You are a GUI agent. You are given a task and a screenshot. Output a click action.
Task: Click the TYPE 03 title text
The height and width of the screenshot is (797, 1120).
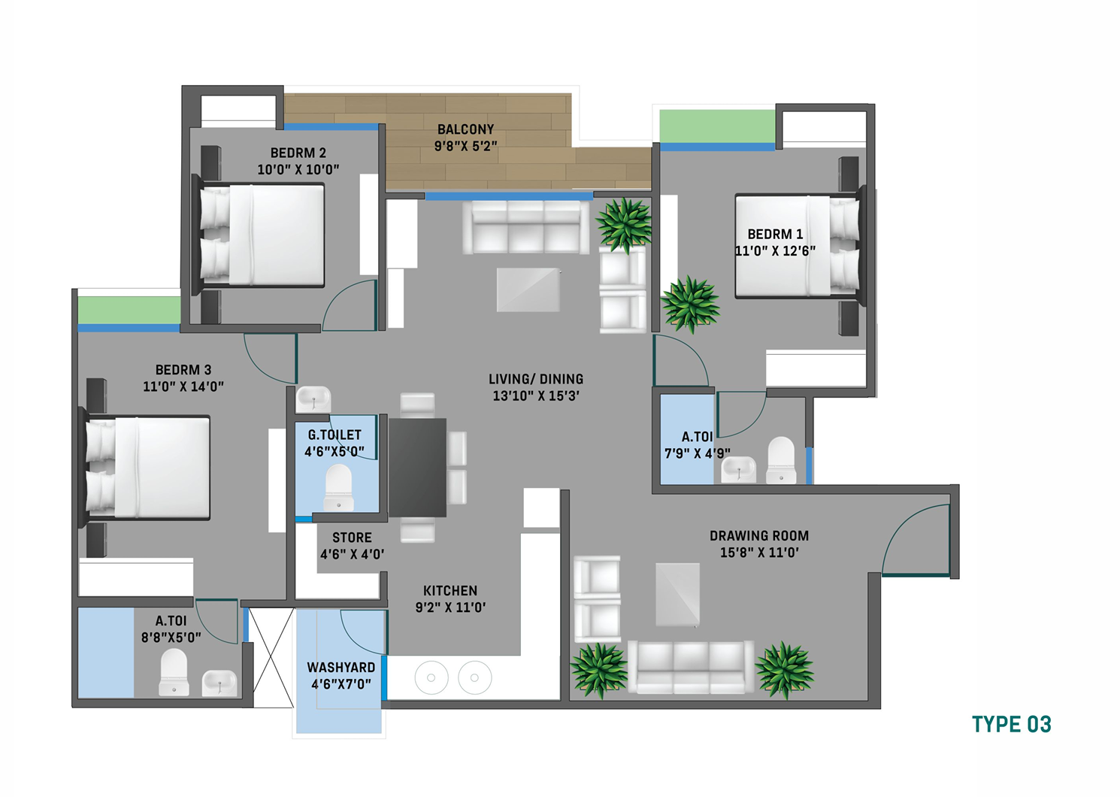coord(1012,724)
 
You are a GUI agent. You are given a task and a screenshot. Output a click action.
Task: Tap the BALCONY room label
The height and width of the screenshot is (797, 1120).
coord(465,129)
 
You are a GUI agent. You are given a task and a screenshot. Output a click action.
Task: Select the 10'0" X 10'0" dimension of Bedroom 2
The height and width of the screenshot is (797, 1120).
coord(298,169)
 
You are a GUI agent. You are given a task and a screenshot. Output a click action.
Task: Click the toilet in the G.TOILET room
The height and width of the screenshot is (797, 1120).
coord(338,487)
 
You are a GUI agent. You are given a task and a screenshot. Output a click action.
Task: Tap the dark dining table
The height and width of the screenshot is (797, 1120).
coord(417,468)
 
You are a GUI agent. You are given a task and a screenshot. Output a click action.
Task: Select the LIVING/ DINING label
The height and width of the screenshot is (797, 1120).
coord(536,379)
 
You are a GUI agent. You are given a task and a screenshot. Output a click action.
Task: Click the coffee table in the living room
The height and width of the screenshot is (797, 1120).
coord(528,289)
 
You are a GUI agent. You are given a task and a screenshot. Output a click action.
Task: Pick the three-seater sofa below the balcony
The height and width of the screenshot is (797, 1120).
coord(525,228)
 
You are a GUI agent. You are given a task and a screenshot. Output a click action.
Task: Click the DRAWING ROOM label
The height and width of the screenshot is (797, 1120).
coord(759,535)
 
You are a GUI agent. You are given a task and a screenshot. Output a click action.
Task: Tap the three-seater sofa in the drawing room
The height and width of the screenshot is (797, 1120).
coord(691,668)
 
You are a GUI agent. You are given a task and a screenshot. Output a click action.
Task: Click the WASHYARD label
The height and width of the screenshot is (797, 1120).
coord(341,668)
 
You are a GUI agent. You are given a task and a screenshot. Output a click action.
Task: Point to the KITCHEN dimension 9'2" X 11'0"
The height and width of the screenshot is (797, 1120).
coord(450,608)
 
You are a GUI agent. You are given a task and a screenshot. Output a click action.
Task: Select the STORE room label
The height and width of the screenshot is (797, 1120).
coord(352,538)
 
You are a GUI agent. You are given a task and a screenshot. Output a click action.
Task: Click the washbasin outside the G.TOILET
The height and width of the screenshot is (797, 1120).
coord(313,399)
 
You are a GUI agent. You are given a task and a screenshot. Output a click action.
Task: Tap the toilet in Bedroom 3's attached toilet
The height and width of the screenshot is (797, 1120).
coord(174,671)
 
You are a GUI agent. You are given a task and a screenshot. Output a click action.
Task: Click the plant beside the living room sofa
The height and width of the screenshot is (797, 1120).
coord(624,225)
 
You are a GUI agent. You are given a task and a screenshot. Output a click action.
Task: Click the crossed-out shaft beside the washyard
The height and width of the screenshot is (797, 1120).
coord(271,657)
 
